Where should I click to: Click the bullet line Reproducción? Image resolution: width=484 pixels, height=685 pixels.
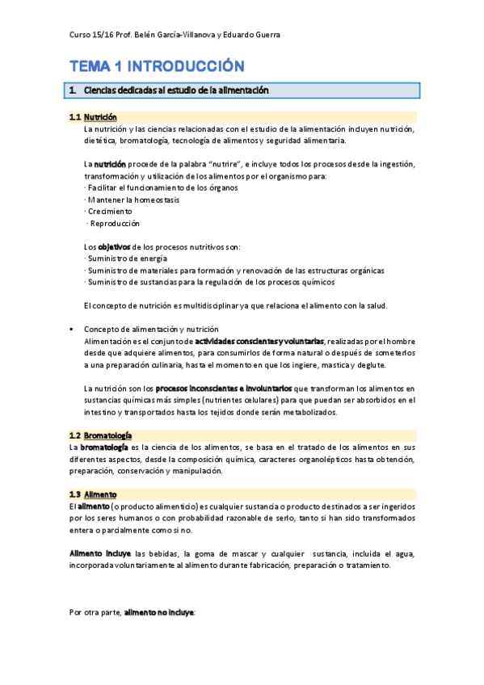tap(113, 223)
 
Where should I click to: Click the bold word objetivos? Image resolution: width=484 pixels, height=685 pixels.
tap(118, 246)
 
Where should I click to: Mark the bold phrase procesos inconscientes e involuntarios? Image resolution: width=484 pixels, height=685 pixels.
tap(224, 389)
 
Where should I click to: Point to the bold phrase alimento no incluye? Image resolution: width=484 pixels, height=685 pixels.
tap(158, 613)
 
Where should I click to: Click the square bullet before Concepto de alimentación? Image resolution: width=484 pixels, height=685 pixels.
tap(72, 330)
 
